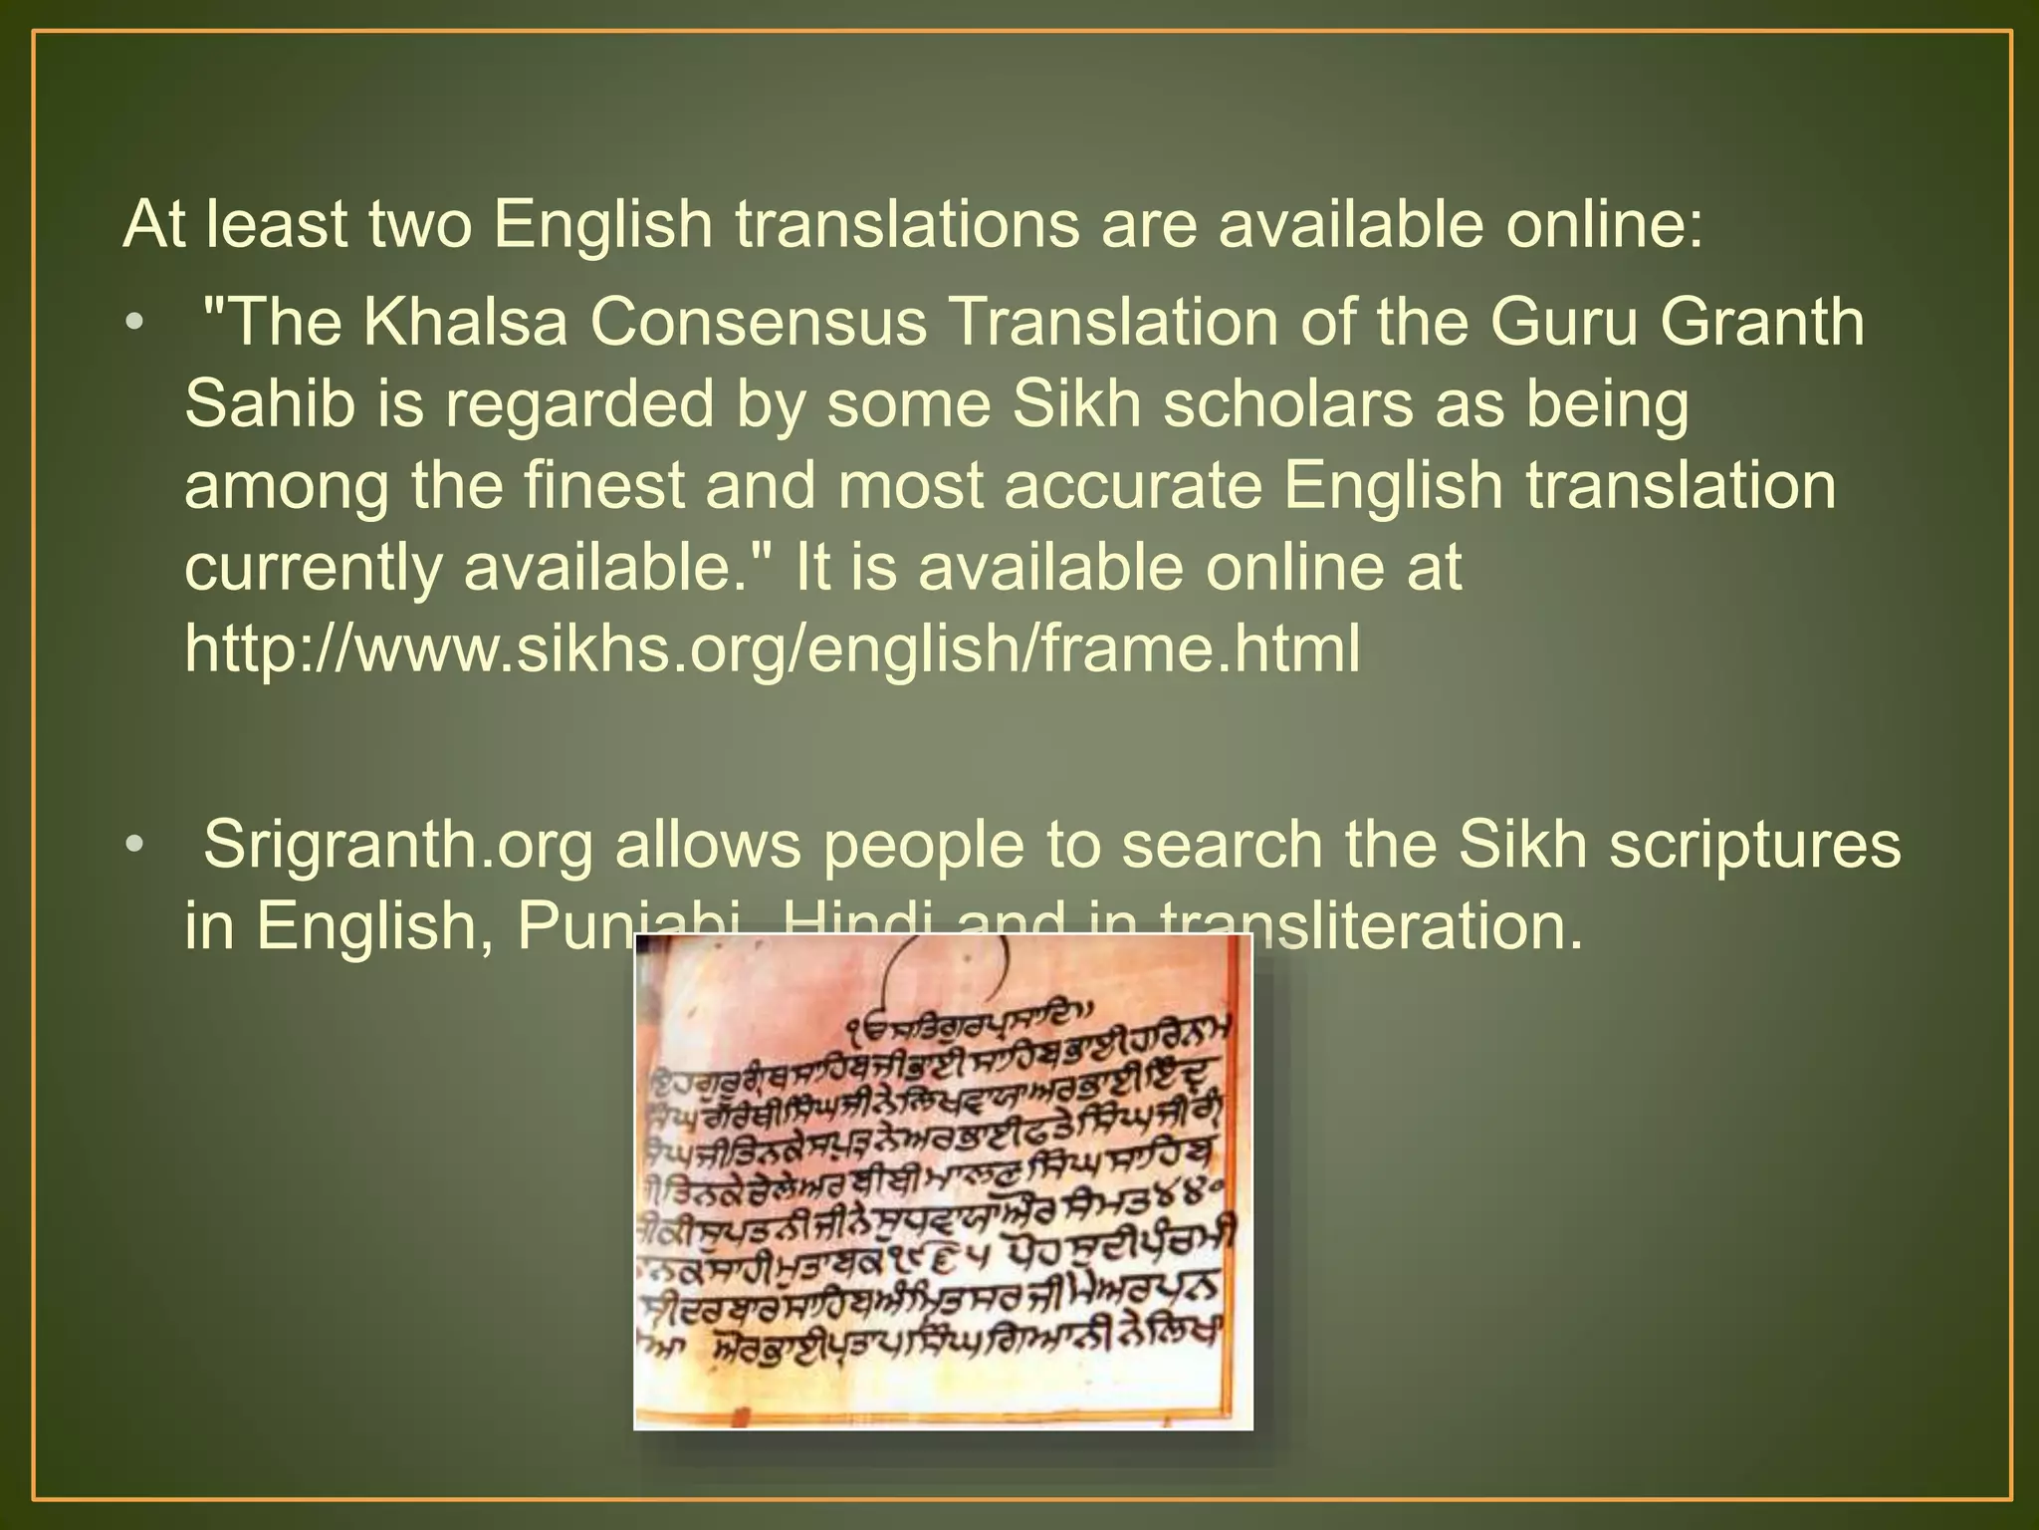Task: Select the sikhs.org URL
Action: [x=773, y=648]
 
